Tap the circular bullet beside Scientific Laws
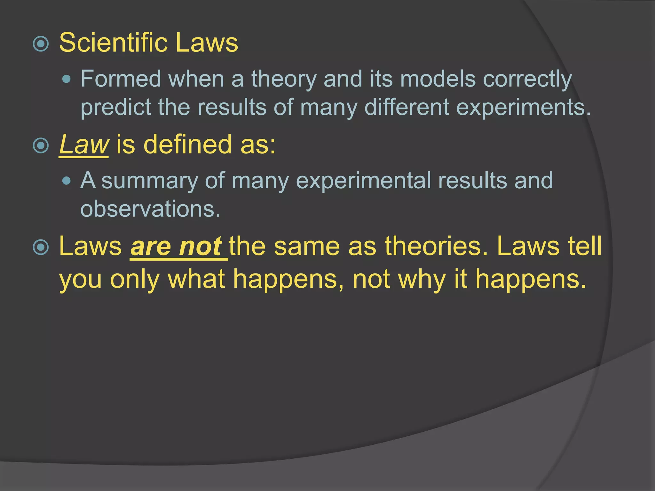[x=41, y=44]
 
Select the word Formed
[x=121, y=79]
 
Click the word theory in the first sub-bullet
[x=284, y=79]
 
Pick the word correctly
[x=527, y=79]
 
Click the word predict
[x=116, y=107]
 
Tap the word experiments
[x=523, y=107]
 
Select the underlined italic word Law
[x=84, y=144]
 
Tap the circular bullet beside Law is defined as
[x=41, y=146]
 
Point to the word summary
[x=150, y=181]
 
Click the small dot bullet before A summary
[x=67, y=181]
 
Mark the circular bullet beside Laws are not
[x=41, y=247]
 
